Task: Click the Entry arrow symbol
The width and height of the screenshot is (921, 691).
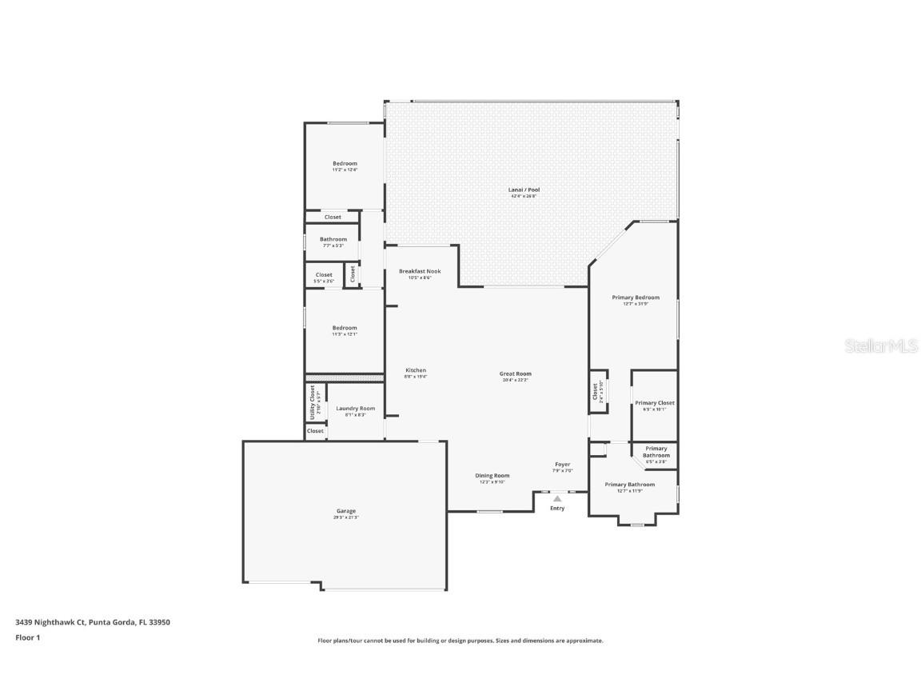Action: tap(557, 498)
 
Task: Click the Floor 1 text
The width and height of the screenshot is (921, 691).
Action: tap(27, 637)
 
